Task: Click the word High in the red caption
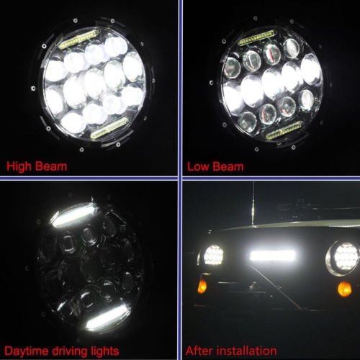[x=20, y=167]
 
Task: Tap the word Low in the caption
[x=199, y=167]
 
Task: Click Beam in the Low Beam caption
[x=228, y=167]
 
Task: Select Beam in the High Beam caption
[x=51, y=167]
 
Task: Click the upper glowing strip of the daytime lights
[x=73, y=215]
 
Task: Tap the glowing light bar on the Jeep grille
[x=272, y=256]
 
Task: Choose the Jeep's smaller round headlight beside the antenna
[x=213, y=255]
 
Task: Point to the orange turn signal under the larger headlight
[x=344, y=289]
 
